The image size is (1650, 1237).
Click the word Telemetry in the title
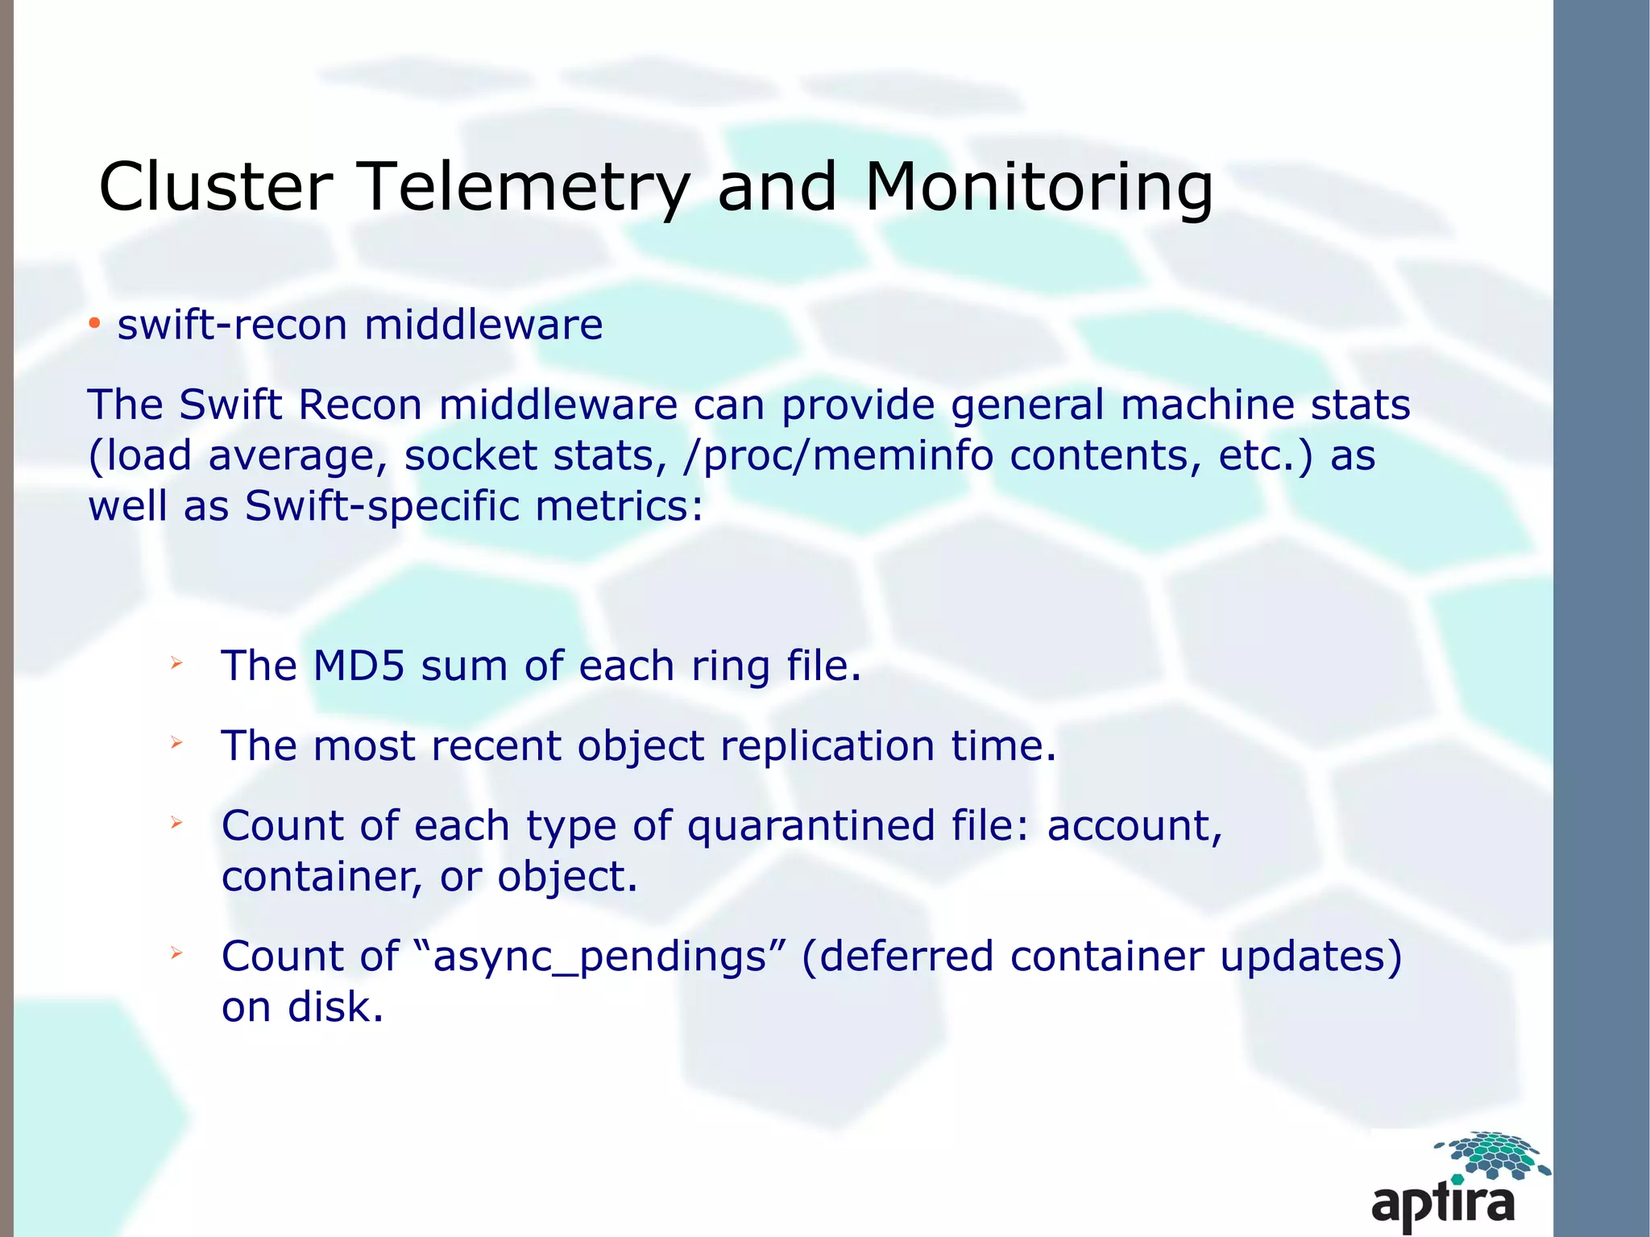(x=522, y=187)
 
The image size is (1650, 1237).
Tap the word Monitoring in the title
(x=1039, y=187)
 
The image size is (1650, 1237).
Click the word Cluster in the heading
(x=216, y=187)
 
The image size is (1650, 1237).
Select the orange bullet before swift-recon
(x=95, y=324)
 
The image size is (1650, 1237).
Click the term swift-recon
(x=232, y=325)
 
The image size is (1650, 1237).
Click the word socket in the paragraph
(x=471, y=456)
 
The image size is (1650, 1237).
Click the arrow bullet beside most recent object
(x=176, y=743)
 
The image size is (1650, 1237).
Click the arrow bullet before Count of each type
(x=176, y=823)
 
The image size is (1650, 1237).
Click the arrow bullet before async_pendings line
(x=176, y=954)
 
